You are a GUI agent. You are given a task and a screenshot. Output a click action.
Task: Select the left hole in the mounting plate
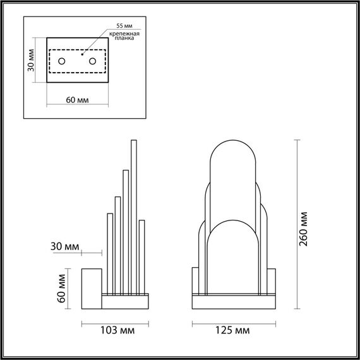[x=62, y=61]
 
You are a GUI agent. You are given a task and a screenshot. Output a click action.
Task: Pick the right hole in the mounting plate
[x=92, y=61]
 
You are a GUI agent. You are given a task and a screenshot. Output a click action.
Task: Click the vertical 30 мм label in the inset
[x=31, y=63]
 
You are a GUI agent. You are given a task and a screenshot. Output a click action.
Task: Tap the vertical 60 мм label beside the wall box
[x=62, y=288]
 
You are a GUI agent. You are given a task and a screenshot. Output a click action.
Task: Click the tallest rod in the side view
[x=133, y=215]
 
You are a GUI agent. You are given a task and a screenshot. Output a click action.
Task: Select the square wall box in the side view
[x=93, y=289]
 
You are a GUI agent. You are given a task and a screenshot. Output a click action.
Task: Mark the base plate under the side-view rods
[x=126, y=302]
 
